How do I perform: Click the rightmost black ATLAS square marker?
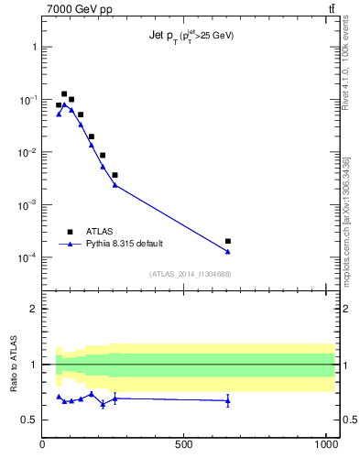[227, 241]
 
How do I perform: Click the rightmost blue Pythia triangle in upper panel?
[227, 251]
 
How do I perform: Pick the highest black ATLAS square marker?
[64, 93]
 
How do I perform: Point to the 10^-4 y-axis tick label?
[27, 258]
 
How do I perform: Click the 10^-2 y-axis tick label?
[27, 153]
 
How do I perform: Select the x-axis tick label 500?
[184, 444]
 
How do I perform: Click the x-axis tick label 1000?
[325, 444]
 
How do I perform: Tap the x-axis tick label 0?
[43, 444]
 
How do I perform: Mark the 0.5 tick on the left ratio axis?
[31, 420]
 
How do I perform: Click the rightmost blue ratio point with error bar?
[227, 400]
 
